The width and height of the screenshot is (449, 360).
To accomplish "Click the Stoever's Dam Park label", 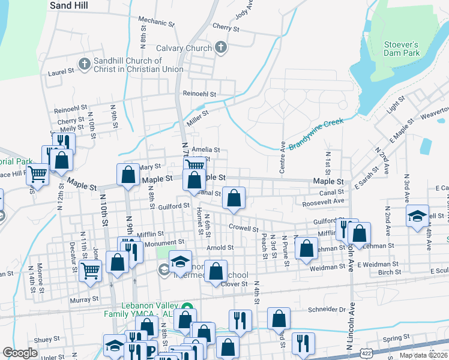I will point(401,49).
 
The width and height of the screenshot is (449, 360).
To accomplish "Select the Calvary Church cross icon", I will point(220,48).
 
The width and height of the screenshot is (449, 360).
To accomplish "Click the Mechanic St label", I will point(156,22).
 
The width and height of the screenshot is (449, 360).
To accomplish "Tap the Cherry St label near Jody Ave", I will point(226,28).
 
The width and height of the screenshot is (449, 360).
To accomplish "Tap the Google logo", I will point(20,353).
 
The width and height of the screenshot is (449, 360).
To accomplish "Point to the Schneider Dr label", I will point(327,310).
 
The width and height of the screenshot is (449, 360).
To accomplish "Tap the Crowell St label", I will point(244,228).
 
